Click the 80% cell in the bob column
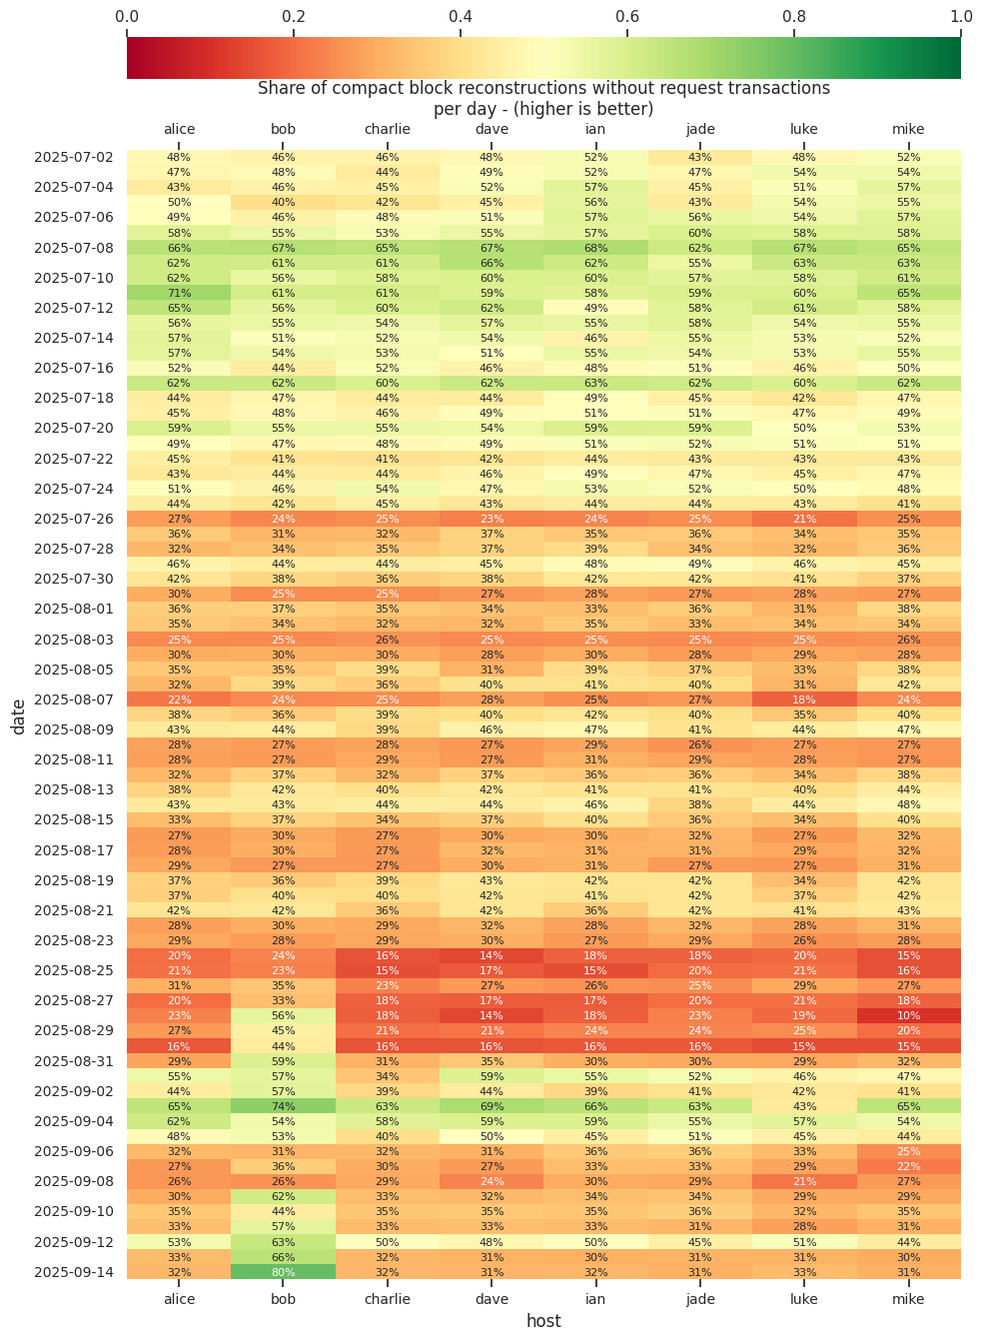[x=283, y=1272]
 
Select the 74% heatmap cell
[x=283, y=1106]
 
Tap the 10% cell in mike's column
[x=908, y=1015]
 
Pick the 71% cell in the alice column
[x=179, y=293]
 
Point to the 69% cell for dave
[x=491, y=1106]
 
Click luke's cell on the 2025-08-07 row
[x=804, y=699]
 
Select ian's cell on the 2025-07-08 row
[x=595, y=248]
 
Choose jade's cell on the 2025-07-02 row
[x=700, y=157]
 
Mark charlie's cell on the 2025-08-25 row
[x=388, y=970]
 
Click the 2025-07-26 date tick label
[x=74, y=519]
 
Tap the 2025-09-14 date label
[x=74, y=1272]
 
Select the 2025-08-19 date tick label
[x=74, y=880]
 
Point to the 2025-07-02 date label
[x=74, y=157]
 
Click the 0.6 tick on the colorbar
[x=627, y=17]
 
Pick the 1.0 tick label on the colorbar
[x=960, y=17]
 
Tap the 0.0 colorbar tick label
[x=127, y=17]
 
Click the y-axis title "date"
[x=19, y=714]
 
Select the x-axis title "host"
[x=543, y=1321]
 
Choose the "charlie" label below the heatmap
[x=388, y=1299]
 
